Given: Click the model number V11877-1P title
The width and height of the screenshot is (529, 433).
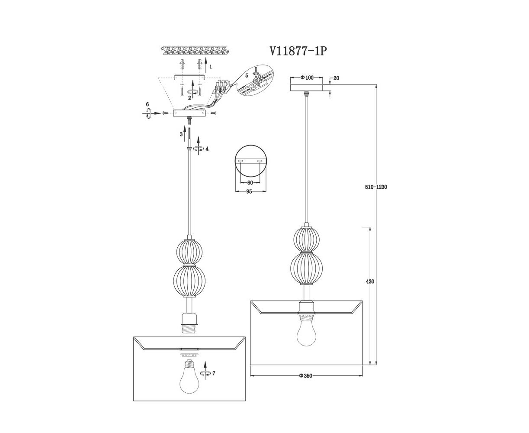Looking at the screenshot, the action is coord(298,52).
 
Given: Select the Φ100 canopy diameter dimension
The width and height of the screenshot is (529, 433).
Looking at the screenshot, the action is coord(307,78).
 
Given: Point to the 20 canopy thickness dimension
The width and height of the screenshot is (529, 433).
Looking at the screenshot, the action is coord(336,78).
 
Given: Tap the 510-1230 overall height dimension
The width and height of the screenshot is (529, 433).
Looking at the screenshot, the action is coord(376,187).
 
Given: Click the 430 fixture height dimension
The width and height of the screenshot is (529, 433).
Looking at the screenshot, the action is coord(370,281).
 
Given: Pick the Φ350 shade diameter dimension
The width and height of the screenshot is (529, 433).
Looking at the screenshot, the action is coord(305,376).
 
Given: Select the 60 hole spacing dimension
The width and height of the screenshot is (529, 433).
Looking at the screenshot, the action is coord(250,183).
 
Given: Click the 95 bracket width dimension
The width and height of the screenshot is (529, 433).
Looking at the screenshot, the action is coord(249,192).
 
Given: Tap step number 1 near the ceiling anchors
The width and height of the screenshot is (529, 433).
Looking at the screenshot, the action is coord(211,67).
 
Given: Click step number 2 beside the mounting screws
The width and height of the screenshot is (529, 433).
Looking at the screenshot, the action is coord(189,98).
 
